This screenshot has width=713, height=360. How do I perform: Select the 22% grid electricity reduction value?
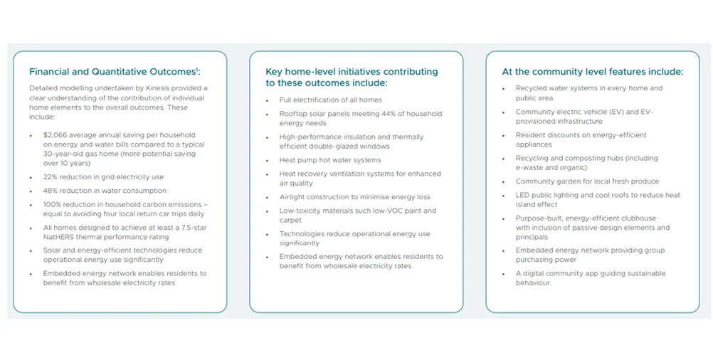click(x=50, y=177)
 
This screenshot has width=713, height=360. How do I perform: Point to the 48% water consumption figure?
click(x=51, y=191)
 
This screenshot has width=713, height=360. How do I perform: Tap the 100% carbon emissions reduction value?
click(x=52, y=205)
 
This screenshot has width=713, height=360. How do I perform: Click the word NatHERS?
click(x=58, y=237)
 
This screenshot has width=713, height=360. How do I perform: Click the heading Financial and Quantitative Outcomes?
click(x=115, y=71)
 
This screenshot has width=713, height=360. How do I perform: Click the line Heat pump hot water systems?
click(x=330, y=160)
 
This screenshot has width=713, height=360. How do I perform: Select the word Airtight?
click(x=293, y=197)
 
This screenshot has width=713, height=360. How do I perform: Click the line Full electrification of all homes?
click(x=331, y=100)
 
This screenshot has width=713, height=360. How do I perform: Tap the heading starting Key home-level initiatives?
click(x=352, y=78)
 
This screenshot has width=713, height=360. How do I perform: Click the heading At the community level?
click(x=593, y=71)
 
